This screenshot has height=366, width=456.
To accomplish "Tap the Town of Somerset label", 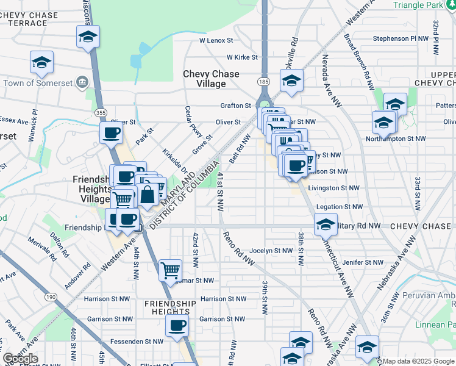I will click(37, 82).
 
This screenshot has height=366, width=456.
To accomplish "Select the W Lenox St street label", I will click(216, 41).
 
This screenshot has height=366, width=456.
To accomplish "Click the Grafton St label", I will click(235, 106).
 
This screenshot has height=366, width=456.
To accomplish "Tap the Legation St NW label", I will click(340, 207).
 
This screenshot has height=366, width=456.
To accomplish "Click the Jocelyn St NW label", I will click(271, 251).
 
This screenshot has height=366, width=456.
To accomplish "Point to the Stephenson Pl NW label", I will click(401, 38).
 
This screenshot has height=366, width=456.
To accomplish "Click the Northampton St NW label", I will click(396, 139).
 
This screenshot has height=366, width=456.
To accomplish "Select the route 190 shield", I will click(50, 296).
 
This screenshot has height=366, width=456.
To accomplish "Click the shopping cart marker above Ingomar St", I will click(170, 270).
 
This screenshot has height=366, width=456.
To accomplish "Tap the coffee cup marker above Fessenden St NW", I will click(177, 325).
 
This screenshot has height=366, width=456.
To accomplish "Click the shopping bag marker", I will click(147, 195).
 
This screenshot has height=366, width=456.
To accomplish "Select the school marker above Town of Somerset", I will click(41, 62).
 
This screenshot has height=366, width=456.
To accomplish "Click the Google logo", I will click(21, 359).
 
